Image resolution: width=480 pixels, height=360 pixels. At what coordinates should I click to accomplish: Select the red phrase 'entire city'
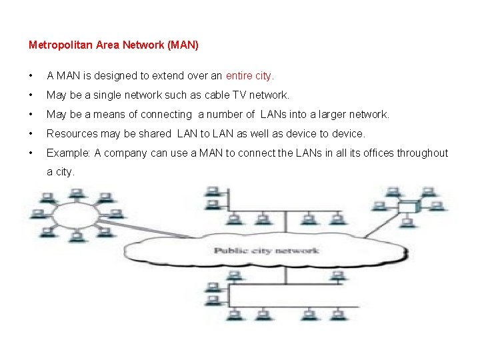click(x=249, y=77)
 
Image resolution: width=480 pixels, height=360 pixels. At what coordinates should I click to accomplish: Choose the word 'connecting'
click(x=166, y=115)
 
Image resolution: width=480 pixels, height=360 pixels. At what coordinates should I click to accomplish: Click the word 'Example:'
click(x=69, y=153)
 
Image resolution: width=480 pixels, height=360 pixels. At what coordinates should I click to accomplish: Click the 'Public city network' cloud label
click(x=266, y=251)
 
